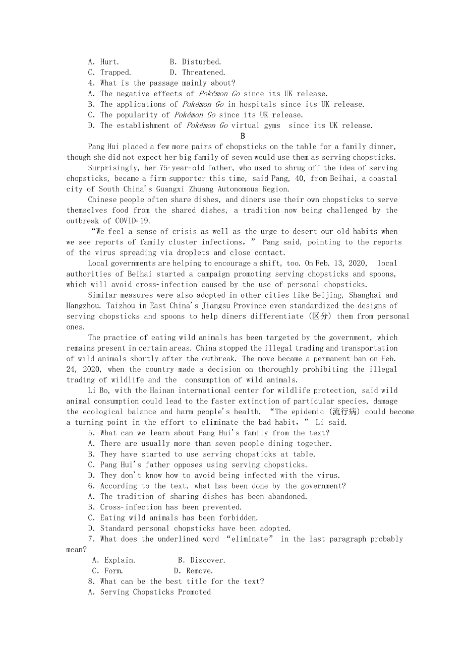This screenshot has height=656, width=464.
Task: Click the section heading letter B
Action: tap(243, 136)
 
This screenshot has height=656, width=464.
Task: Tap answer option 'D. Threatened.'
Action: tap(198, 73)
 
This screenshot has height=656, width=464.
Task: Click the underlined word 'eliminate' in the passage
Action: tap(219, 423)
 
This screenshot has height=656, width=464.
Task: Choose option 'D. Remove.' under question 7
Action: tap(193, 571)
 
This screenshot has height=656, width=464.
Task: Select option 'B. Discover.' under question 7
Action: tap(202, 560)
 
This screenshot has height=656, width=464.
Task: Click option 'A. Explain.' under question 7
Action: tap(114, 560)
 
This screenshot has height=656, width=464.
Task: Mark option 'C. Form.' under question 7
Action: tap(107, 571)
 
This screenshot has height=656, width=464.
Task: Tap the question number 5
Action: tap(91, 433)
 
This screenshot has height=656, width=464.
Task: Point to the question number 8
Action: tap(91, 581)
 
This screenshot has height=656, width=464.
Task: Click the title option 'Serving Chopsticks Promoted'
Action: tap(155, 592)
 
